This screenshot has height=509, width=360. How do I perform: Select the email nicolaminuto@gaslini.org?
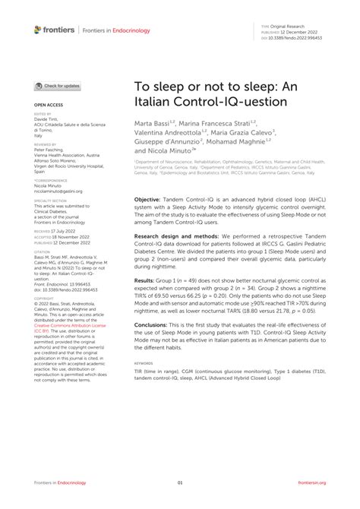(58, 192)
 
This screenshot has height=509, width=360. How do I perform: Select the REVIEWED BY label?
(46, 143)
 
